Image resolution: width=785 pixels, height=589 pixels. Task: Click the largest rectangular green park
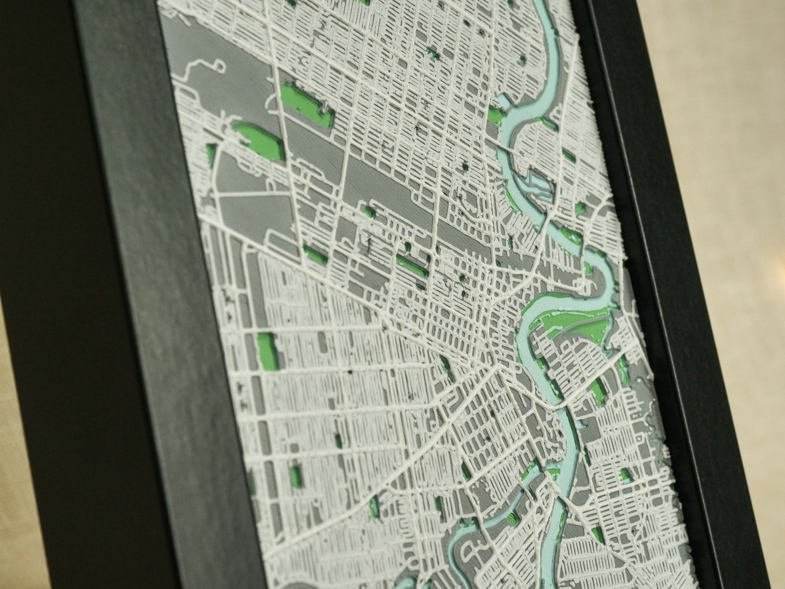[x=306, y=105]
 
